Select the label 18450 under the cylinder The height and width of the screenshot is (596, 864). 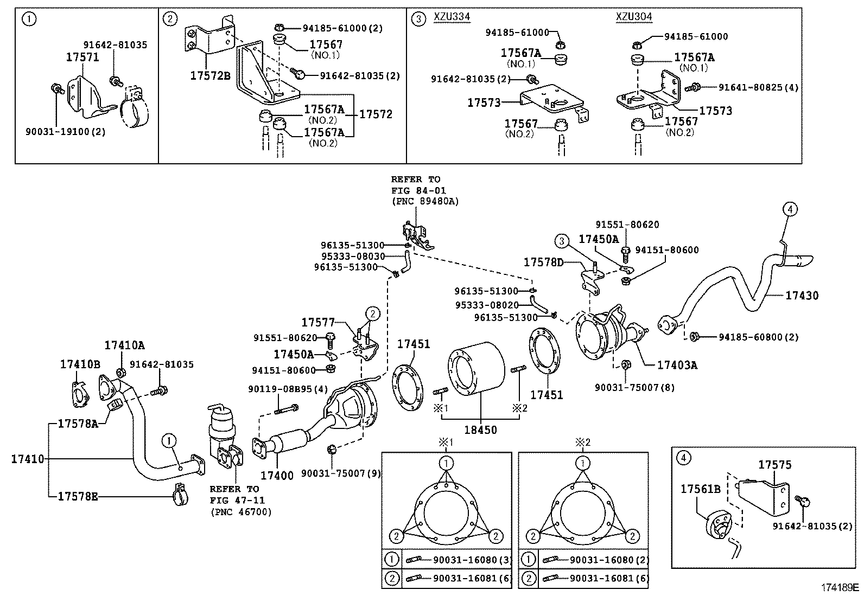(x=480, y=430)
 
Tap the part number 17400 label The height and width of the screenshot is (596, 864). (x=277, y=476)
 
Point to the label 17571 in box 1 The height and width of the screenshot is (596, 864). (x=82, y=57)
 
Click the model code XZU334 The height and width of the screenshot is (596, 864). (x=452, y=17)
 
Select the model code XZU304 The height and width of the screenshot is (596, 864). (x=634, y=17)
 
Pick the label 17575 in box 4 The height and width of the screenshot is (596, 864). (x=774, y=465)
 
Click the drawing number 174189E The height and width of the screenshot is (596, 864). (x=840, y=588)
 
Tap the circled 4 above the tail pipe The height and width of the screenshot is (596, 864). (x=790, y=208)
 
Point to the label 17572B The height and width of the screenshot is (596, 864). (x=210, y=75)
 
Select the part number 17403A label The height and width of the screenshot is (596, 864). (x=677, y=365)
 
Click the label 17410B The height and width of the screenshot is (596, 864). (x=80, y=365)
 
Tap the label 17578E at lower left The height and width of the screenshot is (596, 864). (x=78, y=496)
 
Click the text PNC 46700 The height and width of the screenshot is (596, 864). (x=240, y=511)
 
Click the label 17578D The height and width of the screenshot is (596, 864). (x=543, y=262)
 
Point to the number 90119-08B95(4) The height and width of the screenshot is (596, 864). (x=288, y=389)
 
